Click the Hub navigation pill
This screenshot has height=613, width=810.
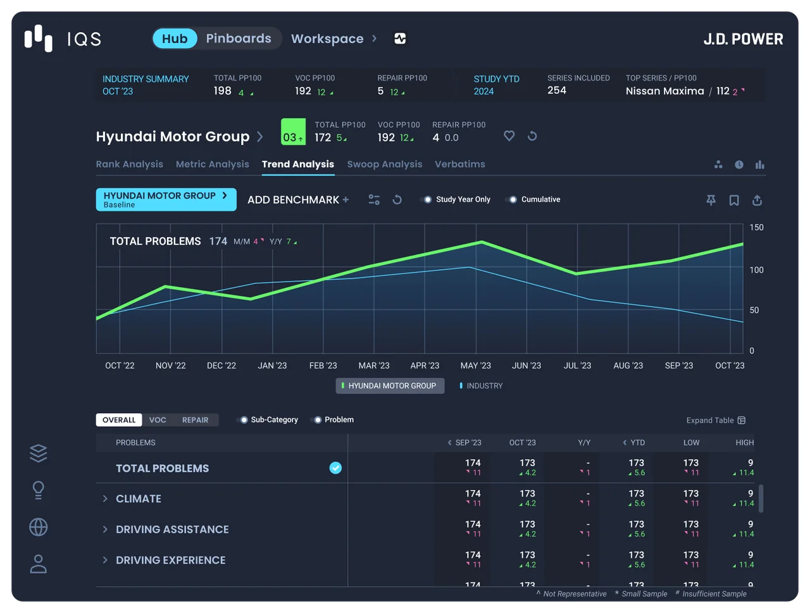(175, 39)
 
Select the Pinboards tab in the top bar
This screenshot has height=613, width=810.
(239, 39)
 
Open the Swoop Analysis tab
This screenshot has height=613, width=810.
(385, 164)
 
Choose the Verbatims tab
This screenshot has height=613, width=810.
(460, 164)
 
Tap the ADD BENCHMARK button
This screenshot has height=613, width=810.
(298, 200)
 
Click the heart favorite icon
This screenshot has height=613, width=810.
(509, 136)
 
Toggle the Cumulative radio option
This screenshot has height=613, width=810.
(513, 199)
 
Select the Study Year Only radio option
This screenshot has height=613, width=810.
(427, 199)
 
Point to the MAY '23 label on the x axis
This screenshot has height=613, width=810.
(475, 366)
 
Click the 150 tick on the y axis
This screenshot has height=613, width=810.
(756, 227)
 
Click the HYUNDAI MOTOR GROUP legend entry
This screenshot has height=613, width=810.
(390, 386)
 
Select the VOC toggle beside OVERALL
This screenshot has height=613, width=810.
(158, 419)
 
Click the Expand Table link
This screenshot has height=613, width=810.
(716, 421)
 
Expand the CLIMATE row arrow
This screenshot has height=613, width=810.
(105, 498)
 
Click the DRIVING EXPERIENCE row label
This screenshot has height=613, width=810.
(170, 560)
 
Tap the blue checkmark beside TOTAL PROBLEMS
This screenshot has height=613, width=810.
(335, 468)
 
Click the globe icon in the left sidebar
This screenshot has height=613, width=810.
(39, 527)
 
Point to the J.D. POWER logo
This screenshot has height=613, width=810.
(743, 39)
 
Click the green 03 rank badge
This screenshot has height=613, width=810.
(293, 132)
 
